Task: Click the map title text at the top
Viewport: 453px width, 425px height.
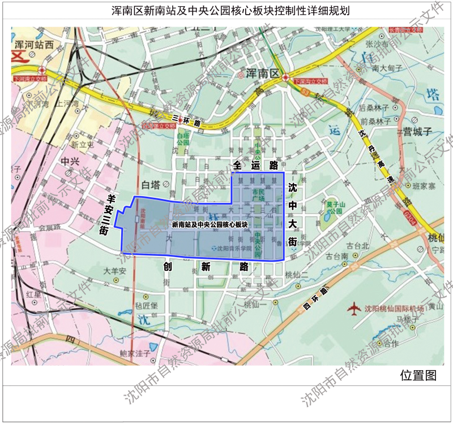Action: (x=226, y=11)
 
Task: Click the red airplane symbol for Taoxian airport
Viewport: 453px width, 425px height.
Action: (x=354, y=309)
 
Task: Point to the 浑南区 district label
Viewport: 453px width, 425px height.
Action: (x=264, y=73)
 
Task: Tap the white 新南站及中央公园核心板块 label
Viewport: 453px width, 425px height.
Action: (x=210, y=224)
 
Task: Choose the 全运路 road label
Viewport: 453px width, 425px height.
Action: (x=255, y=166)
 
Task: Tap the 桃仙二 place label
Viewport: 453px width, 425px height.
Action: (x=296, y=275)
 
